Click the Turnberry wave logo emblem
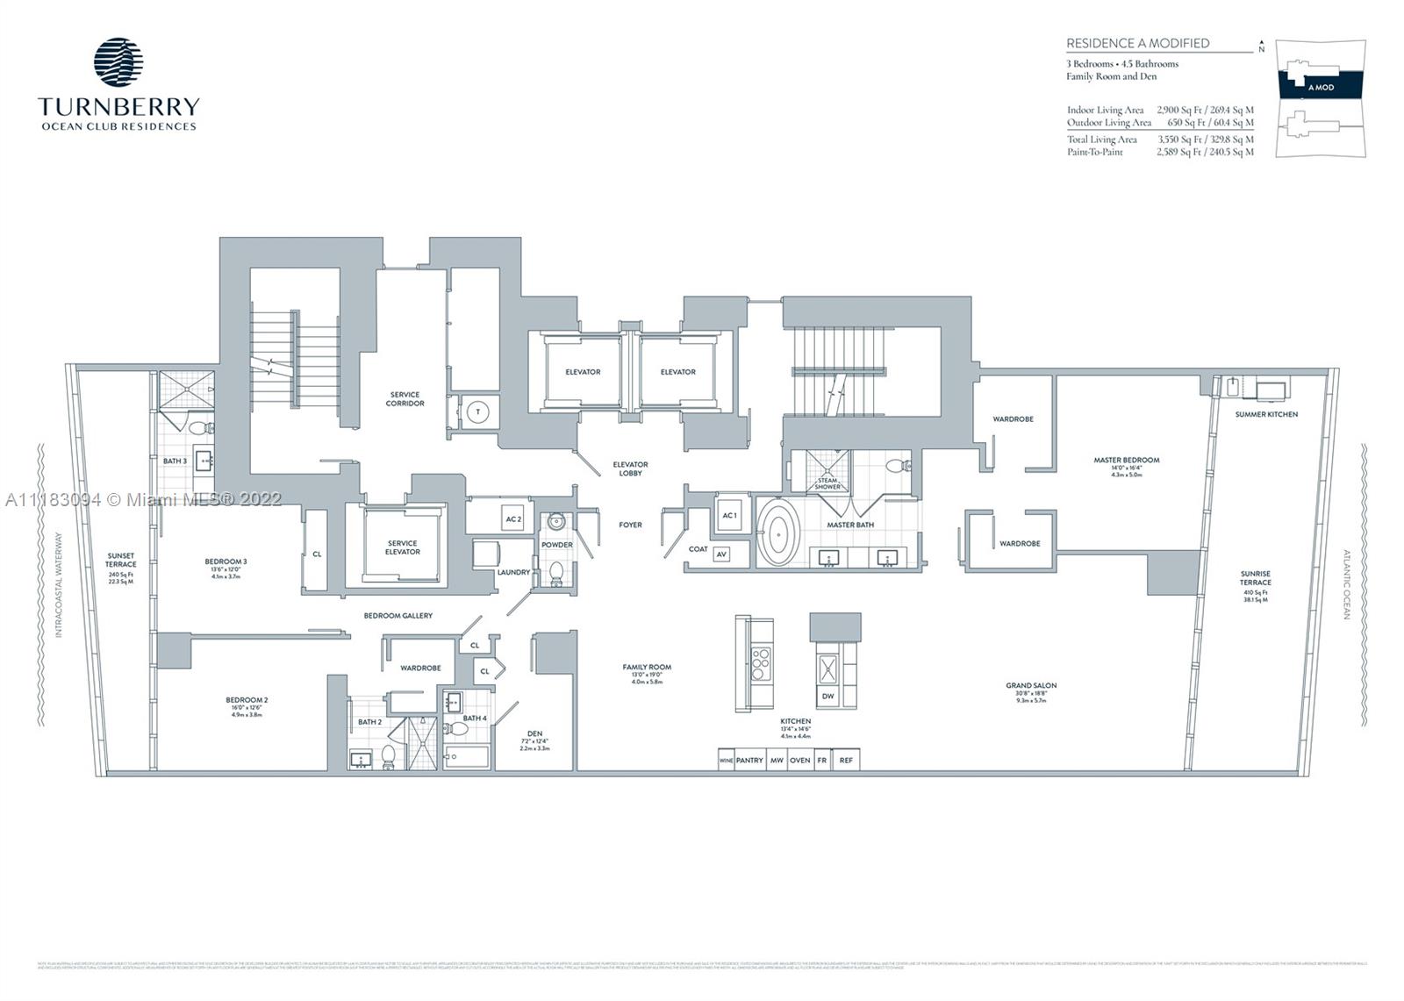118,61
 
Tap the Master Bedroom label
1126,460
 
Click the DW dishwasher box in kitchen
827,697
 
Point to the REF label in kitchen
846,761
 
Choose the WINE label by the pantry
726,761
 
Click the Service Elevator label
402,547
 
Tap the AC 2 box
513,518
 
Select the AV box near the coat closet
721,554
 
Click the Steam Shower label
827,483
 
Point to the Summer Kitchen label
1266,414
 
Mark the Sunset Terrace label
121,560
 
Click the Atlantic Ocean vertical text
1346,585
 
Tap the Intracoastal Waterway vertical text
59,585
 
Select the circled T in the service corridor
478,412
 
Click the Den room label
534,733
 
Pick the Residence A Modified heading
1137,43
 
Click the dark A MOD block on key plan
1321,86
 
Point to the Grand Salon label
1031,685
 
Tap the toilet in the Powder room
555,573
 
